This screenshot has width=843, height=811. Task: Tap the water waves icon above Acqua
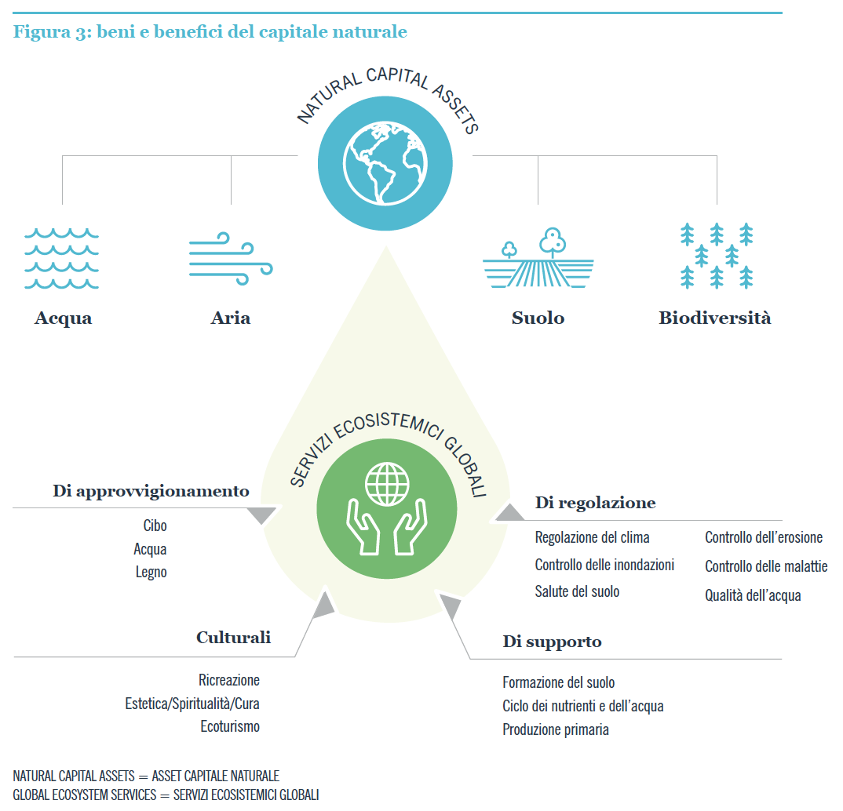tap(62, 259)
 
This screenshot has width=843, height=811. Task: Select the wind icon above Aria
tap(230, 255)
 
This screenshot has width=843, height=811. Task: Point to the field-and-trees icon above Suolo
tap(538, 258)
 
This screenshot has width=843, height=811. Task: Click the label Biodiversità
tap(714, 318)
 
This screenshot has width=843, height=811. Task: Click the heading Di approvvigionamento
tap(151, 492)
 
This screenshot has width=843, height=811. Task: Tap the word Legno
tap(151, 573)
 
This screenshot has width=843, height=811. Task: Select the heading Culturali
tap(233, 638)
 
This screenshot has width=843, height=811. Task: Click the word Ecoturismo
tap(229, 726)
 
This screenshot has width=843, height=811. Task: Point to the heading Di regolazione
tap(595, 503)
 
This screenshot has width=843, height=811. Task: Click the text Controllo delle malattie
tap(765, 566)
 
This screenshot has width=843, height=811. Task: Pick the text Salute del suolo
tap(577, 591)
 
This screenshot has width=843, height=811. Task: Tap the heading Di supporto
tap(552, 642)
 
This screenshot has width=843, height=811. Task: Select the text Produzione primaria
tap(555, 729)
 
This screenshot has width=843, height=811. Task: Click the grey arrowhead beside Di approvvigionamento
tap(261, 515)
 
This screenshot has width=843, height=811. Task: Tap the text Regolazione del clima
tap(592, 538)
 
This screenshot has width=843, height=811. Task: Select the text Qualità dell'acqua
tap(753, 595)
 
